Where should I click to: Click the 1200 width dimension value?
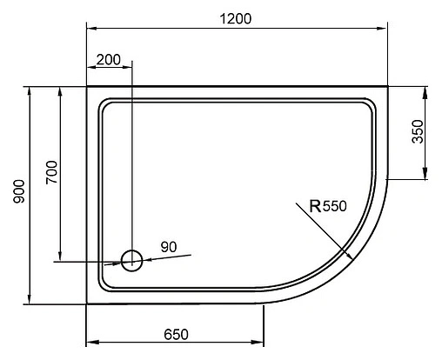(235, 18)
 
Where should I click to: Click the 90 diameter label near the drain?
(169, 247)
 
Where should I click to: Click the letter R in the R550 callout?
(315, 206)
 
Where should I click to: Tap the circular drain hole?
(131, 259)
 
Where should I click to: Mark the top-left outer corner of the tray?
(86, 87)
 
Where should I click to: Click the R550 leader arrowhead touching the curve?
(349, 257)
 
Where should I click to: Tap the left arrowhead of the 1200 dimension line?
(90, 29)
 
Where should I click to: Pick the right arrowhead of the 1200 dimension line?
(384, 29)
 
